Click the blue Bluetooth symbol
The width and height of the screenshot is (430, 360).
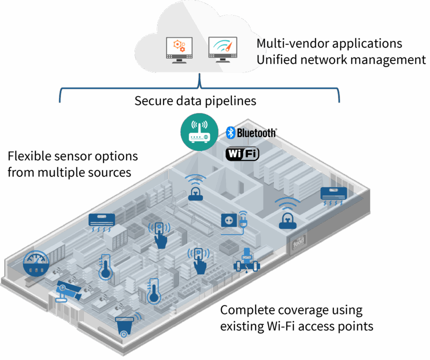pyautogui.click(x=230, y=132)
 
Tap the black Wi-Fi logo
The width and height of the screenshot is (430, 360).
pyautogui.click(x=242, y=153)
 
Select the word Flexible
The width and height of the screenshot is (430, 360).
pyautogui.click(x=28, y=156)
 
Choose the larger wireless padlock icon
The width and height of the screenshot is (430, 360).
pyautogui.click(x=286, y=213)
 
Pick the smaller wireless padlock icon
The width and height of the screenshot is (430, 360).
pyautogui.click(x=195, y=188)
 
